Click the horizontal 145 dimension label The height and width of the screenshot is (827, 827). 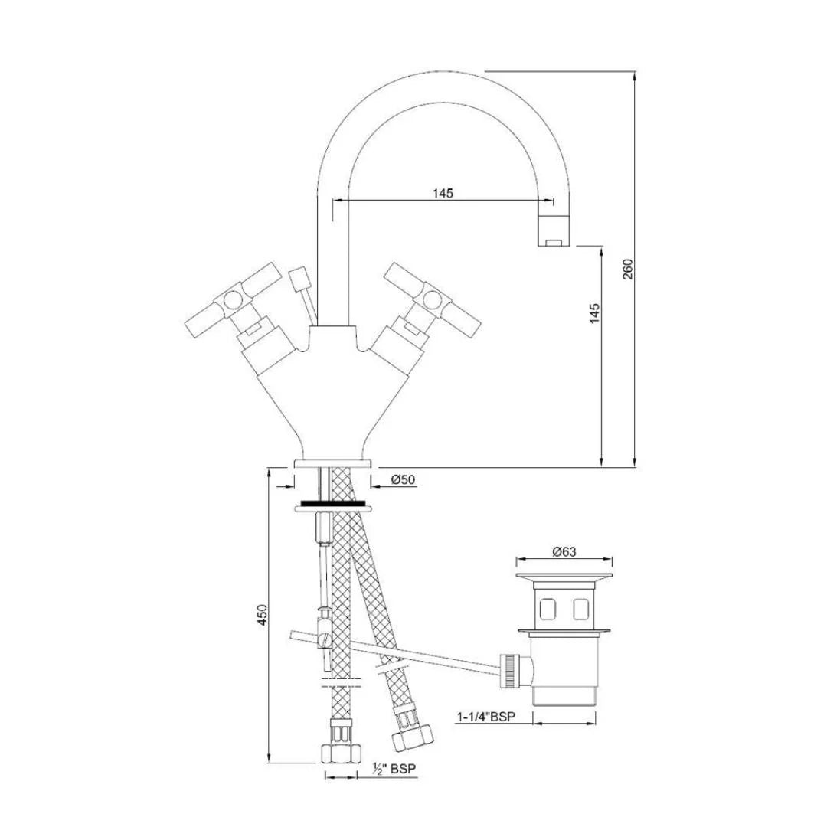pyautogui.click(x=443, y=193)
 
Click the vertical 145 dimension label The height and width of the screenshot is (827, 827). pyautogui.click(x=596, y=315)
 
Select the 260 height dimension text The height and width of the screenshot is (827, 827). pyautogui.click(x=628, y=269)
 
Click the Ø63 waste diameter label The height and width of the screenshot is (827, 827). pyautogui.click(x=564, y=551)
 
